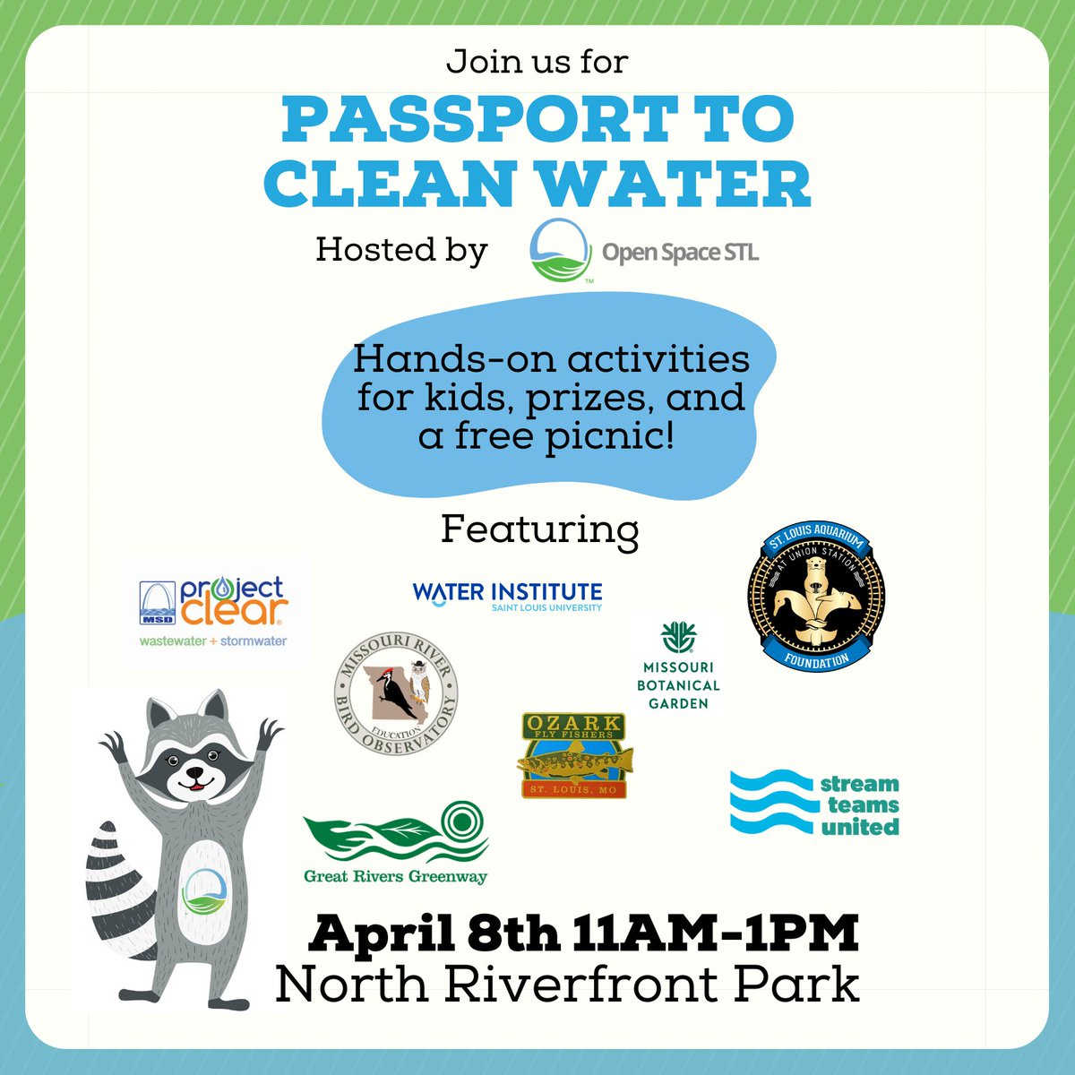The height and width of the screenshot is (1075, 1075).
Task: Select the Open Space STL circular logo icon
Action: click(560, 252)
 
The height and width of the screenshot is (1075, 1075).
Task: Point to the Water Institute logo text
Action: click(507, 595)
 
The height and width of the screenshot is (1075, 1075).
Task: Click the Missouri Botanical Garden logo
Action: click(680, 667)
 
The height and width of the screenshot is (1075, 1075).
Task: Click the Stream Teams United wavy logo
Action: click(813, 803)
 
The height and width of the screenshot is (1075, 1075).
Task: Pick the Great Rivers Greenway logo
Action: click(396, 842)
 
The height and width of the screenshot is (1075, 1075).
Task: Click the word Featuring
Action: click(539, 530)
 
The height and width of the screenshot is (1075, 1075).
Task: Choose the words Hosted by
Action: click(401, 251)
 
